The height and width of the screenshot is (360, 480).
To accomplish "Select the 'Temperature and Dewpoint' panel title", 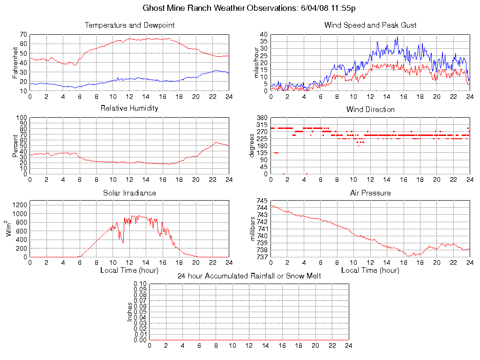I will (x=129, y=25).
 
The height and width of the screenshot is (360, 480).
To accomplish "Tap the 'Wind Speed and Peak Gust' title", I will (x=370, y=25).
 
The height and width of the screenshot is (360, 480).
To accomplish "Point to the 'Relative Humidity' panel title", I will (x=129, y=108).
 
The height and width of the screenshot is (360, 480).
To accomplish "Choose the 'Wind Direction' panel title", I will (x=370, y=109).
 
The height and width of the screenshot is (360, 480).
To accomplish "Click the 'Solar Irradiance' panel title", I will (x=129, y=193).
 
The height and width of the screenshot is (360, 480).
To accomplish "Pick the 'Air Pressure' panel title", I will (x=370, y=193).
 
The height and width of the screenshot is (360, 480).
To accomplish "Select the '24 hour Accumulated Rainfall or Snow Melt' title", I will (x=249, y=276).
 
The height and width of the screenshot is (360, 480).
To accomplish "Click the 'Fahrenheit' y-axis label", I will (x=15, y=62).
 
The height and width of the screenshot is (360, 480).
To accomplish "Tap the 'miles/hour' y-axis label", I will (x=256, y=63).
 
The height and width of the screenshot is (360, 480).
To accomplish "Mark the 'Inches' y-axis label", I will (x=130, y=312).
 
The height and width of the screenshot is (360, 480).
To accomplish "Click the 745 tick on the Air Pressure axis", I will (x=262, y=201).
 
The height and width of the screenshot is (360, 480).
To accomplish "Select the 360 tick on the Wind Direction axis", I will (x=262, y=118).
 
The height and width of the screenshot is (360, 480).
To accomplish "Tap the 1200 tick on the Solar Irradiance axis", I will (x=19, y=204).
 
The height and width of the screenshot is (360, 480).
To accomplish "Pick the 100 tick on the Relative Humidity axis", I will (x=22, y=118).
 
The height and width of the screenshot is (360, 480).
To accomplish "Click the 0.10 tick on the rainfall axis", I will (x=140, y=284).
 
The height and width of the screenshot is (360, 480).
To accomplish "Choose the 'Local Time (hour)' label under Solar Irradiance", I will (x=129, y=270).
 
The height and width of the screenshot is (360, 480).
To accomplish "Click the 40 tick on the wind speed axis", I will (x=263, y=35).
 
